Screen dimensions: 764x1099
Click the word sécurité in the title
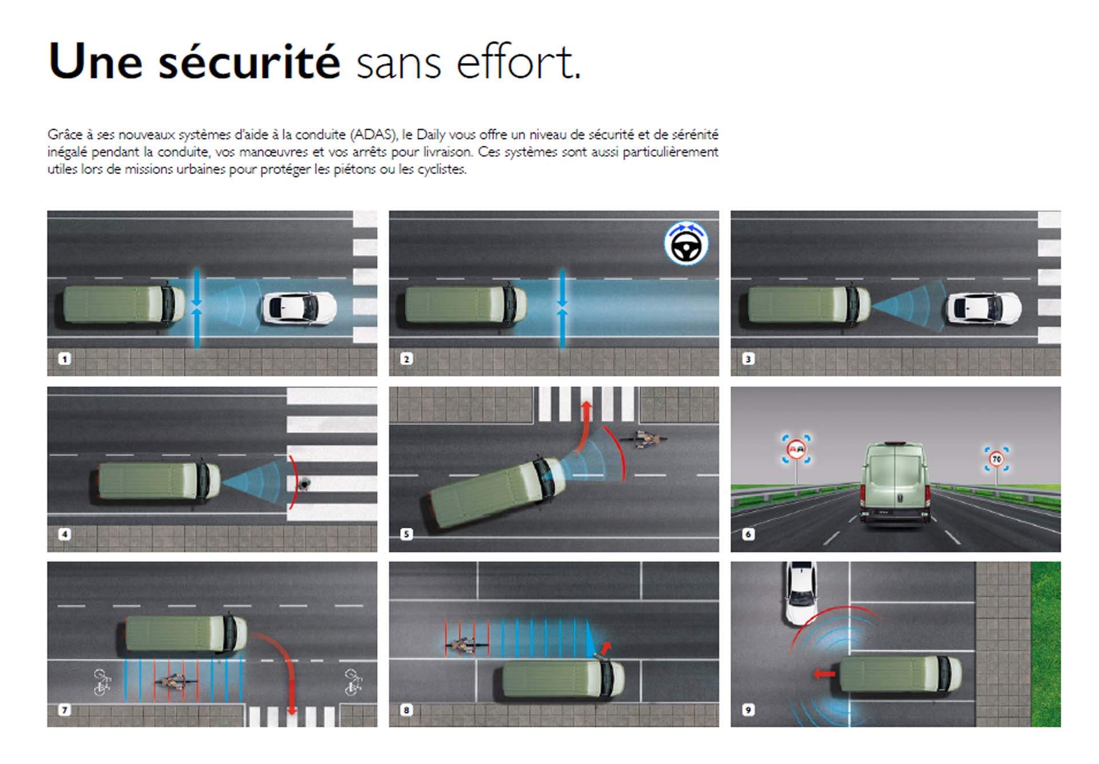point(249,62)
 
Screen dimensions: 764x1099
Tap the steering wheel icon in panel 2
point(686,244)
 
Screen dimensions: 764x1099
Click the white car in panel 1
point(299,308)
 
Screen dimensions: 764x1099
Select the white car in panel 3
point(983,308)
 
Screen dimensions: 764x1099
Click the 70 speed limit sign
point(997,459)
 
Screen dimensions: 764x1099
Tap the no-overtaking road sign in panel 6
point(796,449)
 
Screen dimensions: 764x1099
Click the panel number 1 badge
point(65,359)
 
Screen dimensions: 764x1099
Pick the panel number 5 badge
point(406,534)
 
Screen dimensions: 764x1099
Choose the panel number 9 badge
point(748,710)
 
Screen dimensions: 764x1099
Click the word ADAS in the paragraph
point(373,135)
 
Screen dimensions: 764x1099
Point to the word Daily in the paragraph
point(430,135)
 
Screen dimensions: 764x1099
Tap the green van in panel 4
point(155,481)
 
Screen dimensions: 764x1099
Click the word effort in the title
point(518,62)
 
